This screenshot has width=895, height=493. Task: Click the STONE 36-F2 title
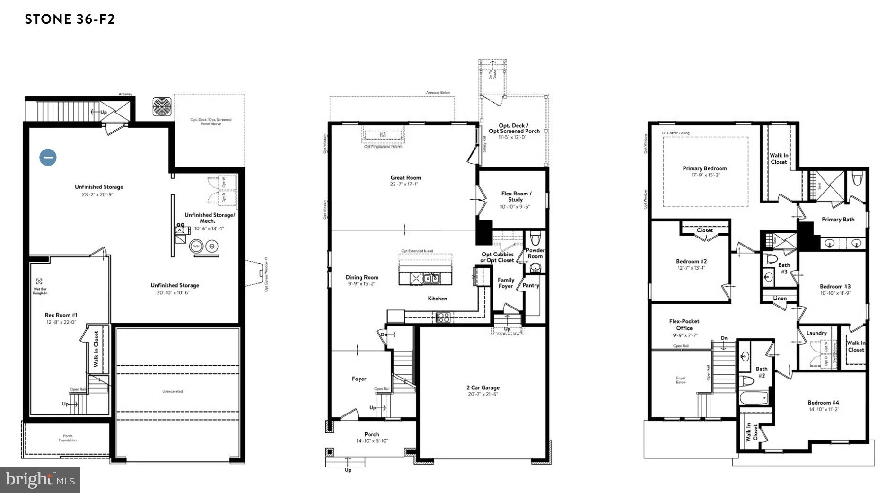(70, 19)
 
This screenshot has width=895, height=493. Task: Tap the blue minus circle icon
(48, 157)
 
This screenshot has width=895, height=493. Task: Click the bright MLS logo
(40, 480)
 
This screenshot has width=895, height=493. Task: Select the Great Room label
(405, 178)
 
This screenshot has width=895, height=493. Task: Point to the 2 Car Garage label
(483, 387)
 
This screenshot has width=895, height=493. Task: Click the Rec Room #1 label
(61, 315)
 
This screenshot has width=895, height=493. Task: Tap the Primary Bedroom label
(704, 168)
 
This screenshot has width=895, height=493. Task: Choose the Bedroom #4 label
(823, 403)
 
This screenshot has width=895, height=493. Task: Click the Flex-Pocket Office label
(684, 325)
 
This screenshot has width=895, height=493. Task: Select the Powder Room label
(535, 253)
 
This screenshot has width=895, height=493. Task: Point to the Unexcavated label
(172, 391)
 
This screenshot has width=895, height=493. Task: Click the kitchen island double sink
(431, 278)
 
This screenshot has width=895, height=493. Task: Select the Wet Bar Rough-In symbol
(39, 282)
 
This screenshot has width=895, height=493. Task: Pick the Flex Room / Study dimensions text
(515, 207)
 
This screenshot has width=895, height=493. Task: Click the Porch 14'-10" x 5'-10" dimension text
(372, 441)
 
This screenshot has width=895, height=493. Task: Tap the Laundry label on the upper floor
(816, 333)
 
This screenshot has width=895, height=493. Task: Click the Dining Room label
(362, 277)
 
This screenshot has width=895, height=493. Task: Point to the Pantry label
(531, 285)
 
